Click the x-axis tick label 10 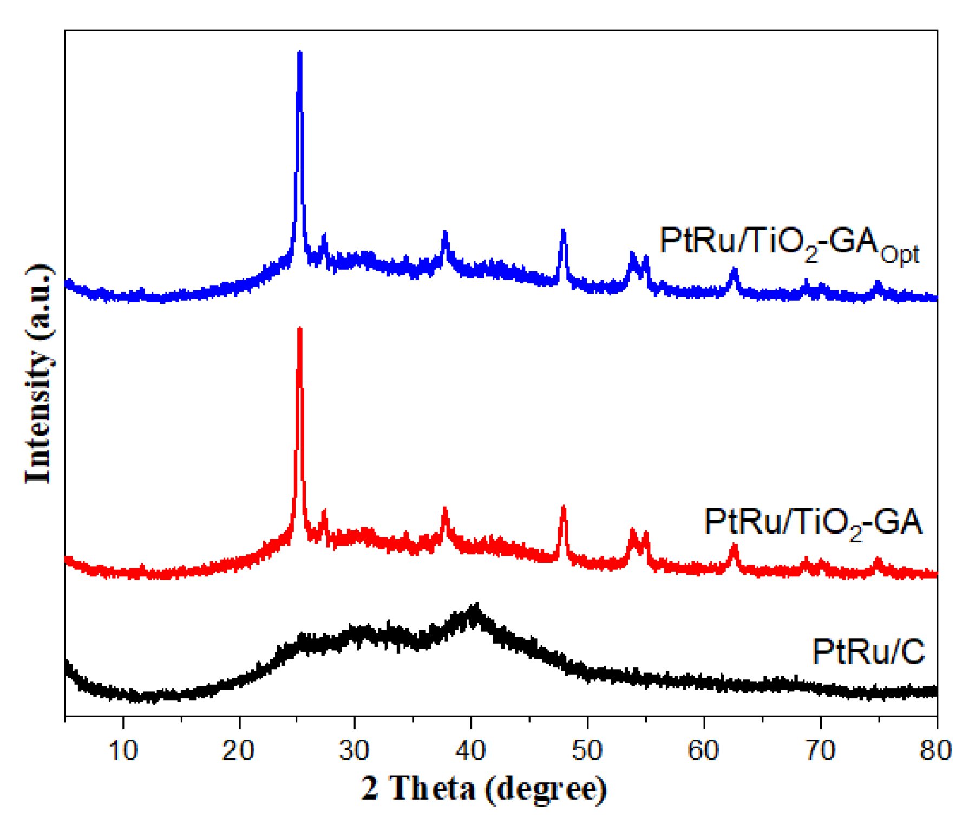(123, 751)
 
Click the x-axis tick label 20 (239, 751)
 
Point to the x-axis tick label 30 (355, 751)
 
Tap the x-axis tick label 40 (471, 751)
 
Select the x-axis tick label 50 (587, 751)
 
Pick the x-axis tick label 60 (703, 751)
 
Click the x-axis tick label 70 (820, 751)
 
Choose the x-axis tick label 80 (935, 751)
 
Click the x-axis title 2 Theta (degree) (484, 789)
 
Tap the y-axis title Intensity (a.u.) (39, 374)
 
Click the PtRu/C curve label (868, 652)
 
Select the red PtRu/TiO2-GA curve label (813, 523)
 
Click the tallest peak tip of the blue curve (299, 53)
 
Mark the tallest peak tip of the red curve (299, 329)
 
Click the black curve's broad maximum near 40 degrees (476, 607)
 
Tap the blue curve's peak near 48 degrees (564, 232)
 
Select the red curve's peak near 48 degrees (564, 508)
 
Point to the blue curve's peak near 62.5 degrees (734, 270)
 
